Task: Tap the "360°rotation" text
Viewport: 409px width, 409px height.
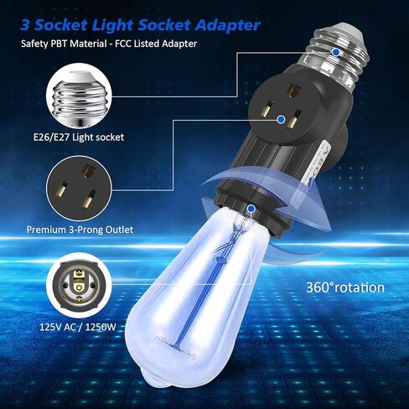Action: coord(344,287)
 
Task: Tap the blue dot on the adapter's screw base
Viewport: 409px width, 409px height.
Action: coord(336,52)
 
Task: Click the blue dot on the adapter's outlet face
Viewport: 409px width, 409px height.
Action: coord(295,122)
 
